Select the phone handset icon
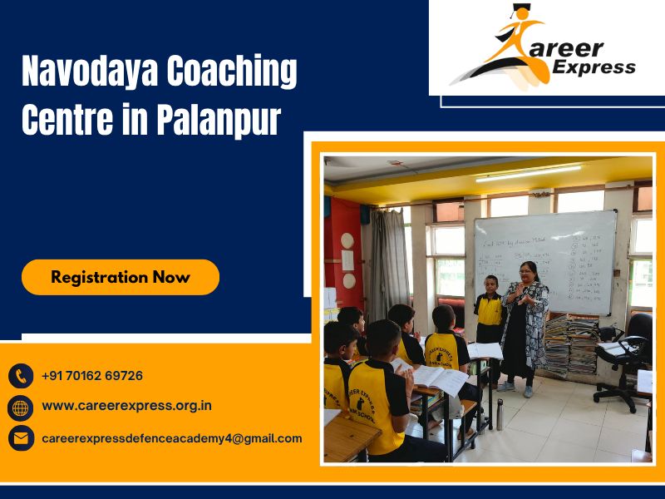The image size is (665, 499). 21,376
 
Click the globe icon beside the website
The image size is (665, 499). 21,407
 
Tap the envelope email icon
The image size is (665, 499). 21,438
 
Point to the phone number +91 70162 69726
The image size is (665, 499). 91,376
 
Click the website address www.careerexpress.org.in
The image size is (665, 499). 126,407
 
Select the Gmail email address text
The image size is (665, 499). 171,438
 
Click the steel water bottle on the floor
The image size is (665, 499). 500,413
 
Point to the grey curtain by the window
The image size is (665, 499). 388,266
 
